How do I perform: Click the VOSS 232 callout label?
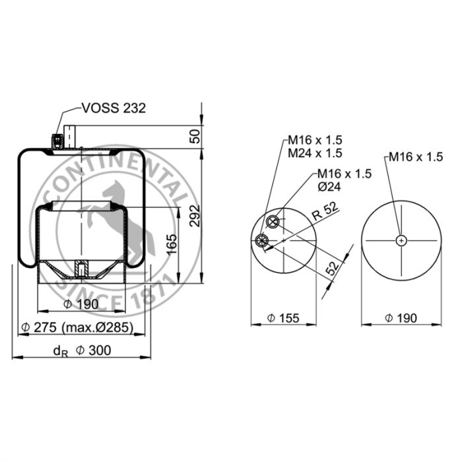pos(114,108)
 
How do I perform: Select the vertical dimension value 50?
pos(195,136)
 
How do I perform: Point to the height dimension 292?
pos(195,216)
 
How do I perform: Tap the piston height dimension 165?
pos(172,245)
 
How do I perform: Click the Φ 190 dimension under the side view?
pos(81,304)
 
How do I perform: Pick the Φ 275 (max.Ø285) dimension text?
pos(77,327)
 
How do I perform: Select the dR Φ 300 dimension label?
pos(82,351)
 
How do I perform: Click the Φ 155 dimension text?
pos(283,318)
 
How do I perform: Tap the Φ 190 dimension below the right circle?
pos(401,318)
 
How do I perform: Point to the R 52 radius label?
pos(325,211)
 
